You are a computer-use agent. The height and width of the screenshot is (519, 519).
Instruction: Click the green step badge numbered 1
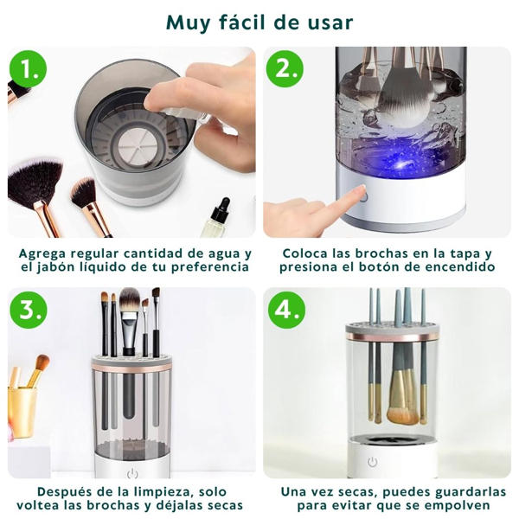29,69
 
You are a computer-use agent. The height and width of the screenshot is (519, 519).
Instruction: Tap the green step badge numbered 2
285,69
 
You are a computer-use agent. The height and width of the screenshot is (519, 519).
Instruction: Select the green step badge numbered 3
29,310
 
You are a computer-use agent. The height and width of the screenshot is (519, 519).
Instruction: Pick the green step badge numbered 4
286,310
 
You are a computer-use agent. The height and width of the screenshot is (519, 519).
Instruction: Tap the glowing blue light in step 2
401,160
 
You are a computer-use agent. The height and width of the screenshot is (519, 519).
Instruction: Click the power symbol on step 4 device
373,461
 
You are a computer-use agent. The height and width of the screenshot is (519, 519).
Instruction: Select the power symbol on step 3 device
132,474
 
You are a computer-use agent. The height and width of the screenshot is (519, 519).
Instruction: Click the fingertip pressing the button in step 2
362,191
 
